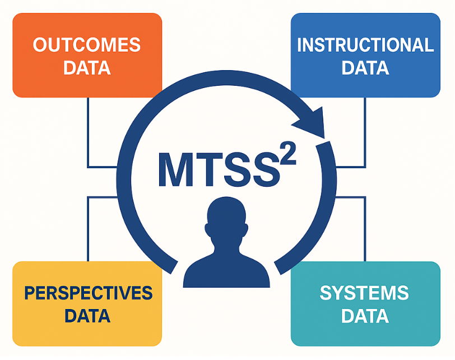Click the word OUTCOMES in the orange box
pyautogui.click(x=87, y=45)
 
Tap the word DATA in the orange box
pyautogui.click(x=87, y=68)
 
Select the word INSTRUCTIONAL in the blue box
pyautogui.click(x=365, y=45)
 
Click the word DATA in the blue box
pyautogui.click(x=365, y=68)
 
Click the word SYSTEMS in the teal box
pyautogui.click(x=364, y=293)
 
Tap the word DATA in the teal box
pyautogui.click(x=364, y=316)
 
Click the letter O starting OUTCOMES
pyautogui.click(x=40, y=45)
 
